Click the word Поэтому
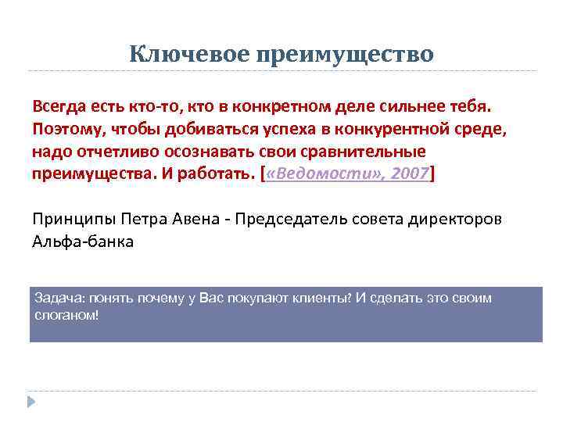(x=66, y=128)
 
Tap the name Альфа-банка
(x=83, y=241)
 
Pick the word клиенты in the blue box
(x=322, y=299)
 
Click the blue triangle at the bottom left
(x=31, y=403)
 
